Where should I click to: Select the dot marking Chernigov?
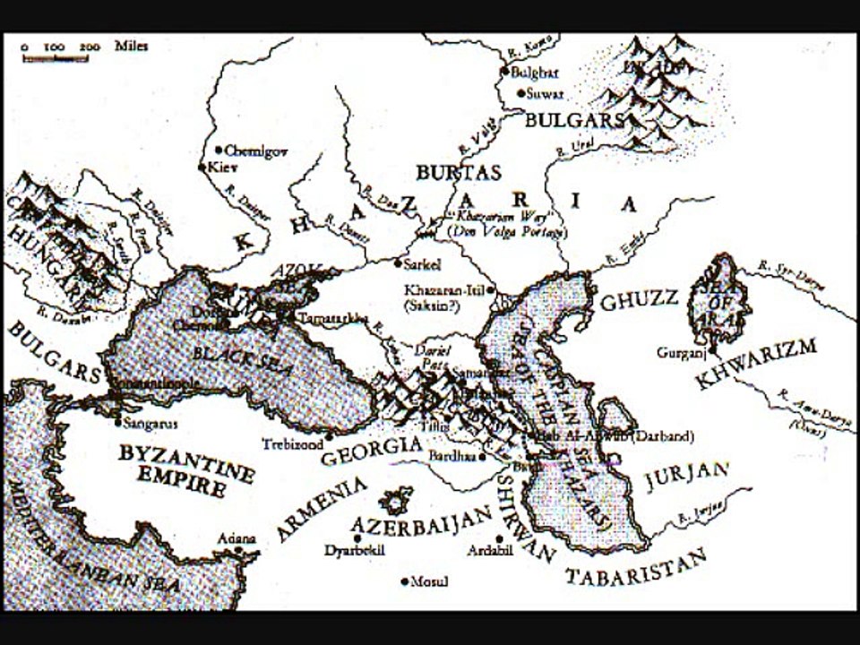point(218,150)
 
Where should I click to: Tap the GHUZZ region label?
point(638,302)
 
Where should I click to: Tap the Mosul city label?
point(429,582)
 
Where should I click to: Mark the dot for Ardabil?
point(499,538)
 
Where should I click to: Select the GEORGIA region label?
point(370,451)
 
